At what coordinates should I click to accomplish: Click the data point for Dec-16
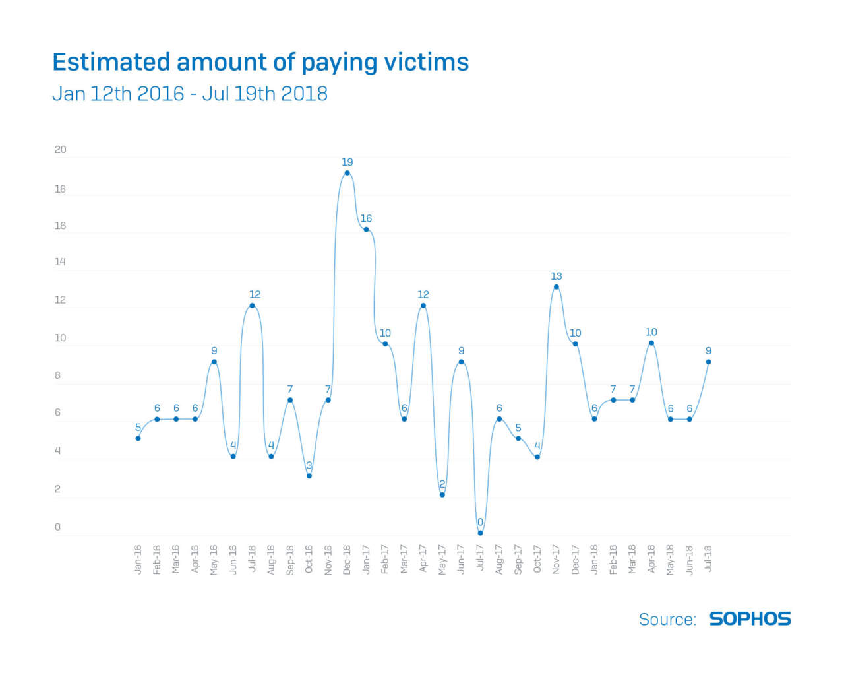coord(347,173)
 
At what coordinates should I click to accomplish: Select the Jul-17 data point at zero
coord(480,533)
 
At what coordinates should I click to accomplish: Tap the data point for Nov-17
coord(557,286)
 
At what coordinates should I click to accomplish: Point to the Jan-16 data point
coord(138,438)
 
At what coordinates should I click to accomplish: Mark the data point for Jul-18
coord(708,362)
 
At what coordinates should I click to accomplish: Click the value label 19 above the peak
coord(347,162)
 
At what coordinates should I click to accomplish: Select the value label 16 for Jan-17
coord(366,218)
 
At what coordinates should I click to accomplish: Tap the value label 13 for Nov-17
coord(557,276)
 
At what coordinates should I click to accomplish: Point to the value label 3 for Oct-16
coord(309,465)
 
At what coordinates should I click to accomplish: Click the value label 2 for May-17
coord(442,484)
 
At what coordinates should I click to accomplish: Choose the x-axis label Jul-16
coord(252,560)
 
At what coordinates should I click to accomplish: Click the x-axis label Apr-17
coord(423,560)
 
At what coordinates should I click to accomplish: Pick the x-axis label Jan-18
coord(594,560)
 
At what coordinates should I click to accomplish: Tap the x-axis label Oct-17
coord(537,560)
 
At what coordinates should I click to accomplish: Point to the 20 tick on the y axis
coord(60,150)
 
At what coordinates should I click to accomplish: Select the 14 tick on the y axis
coord(60,262)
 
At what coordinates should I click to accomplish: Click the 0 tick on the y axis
coord(57,527)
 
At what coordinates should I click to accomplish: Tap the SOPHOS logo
coord(750,619)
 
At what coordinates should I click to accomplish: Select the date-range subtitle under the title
coord(190,94)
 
